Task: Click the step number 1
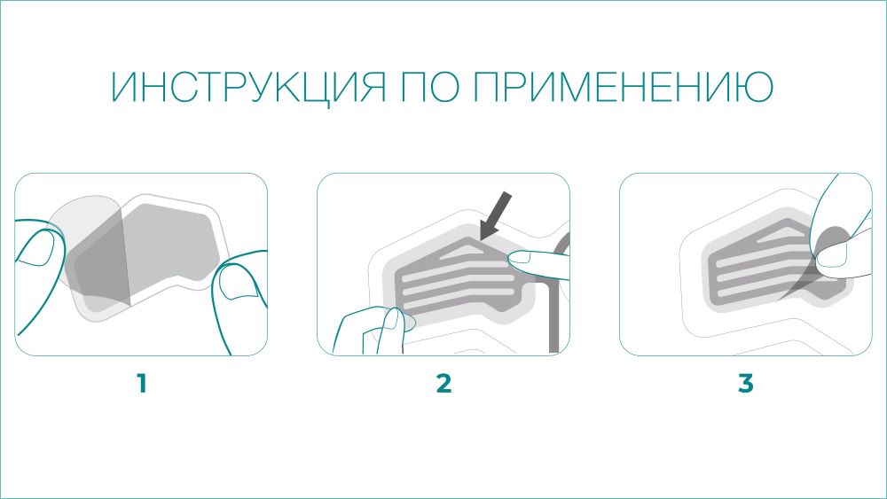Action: [141, 384]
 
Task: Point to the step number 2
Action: [443, 384]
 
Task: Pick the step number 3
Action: [746, 384]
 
